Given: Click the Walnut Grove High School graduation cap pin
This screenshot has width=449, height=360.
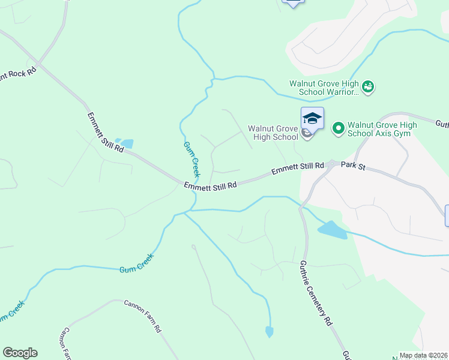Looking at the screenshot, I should pos(312,118).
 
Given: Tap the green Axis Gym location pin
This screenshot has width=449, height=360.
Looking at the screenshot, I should pos(338,128).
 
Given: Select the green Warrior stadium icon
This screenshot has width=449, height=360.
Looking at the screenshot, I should pos(369,88).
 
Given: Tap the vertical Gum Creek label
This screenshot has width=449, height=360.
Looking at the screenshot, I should pos(190,155).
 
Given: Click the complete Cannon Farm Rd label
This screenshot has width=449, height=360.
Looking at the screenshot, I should pos(142,316).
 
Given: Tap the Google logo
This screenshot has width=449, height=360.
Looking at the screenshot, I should pos(20,353).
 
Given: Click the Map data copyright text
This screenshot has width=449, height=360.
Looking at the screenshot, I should pos(424,355).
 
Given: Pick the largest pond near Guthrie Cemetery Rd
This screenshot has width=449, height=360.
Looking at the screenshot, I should pos(333,230).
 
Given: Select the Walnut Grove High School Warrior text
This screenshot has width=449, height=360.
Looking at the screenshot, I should pos(324,88).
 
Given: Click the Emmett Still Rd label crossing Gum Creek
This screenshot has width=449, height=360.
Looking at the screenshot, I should pos(210,186).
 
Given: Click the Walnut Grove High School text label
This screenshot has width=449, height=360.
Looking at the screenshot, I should pos(273,133).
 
